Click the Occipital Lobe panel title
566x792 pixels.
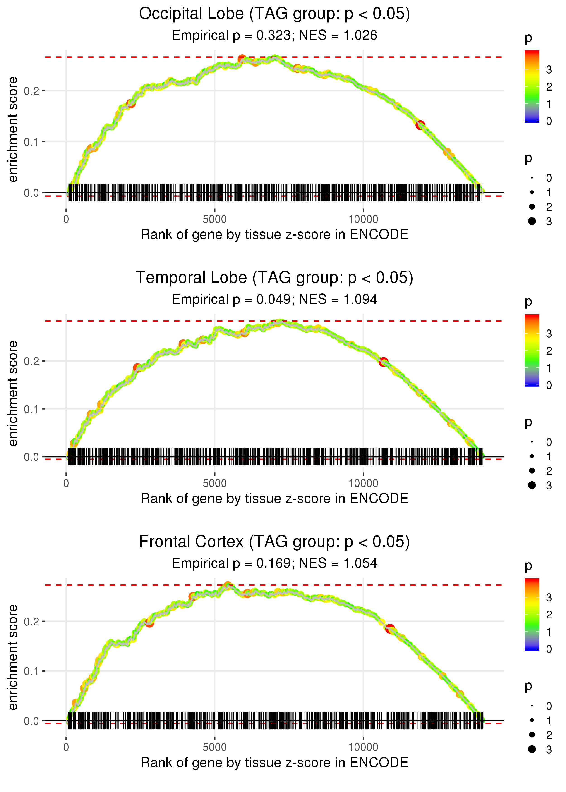coord(274,14)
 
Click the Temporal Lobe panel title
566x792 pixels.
coord(274,278)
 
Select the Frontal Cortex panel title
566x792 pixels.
coord(274,542)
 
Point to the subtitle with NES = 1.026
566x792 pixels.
coord(274,36)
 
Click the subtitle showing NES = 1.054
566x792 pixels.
coord(274,563)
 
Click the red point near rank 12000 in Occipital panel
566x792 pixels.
coord(420,125)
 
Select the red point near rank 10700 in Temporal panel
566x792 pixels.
coord(383,362)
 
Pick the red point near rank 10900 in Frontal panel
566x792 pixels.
coord(390,628)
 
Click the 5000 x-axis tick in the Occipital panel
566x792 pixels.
coord(215,219)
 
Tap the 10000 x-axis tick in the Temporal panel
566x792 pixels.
coord(363,483)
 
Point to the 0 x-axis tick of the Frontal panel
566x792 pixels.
coord(66,747)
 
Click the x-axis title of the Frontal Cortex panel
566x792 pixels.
coord(274,763)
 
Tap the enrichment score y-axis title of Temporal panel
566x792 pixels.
coord(13,394)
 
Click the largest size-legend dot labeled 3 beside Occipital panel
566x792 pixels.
coord(532,221)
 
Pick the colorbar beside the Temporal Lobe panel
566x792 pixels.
coord(532,350)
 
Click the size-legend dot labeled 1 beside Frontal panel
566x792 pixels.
coord(532,720)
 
